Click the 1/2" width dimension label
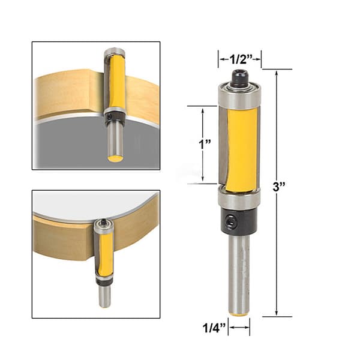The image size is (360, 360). click(x=241, y=59)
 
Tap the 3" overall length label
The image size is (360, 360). click(x=279, y=187)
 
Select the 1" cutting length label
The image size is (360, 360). click(x=205, y=145)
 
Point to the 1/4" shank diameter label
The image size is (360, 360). click(x=214, y=328)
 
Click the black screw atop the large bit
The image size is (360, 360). click(x=240, y=77)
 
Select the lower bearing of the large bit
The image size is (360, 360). click(x=239, y=197)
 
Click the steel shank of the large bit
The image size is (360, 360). click(x=240, y=273)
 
